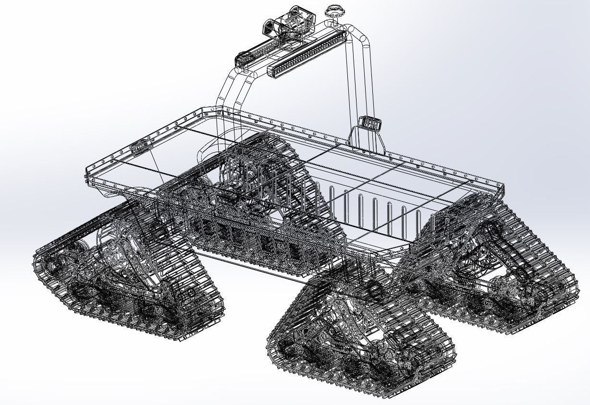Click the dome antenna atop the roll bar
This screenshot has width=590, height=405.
click(x=333, y=11)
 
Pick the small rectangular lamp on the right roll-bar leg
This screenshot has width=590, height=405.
click(x=370, y=123)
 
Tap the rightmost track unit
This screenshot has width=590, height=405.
click(x=495, y=269)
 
